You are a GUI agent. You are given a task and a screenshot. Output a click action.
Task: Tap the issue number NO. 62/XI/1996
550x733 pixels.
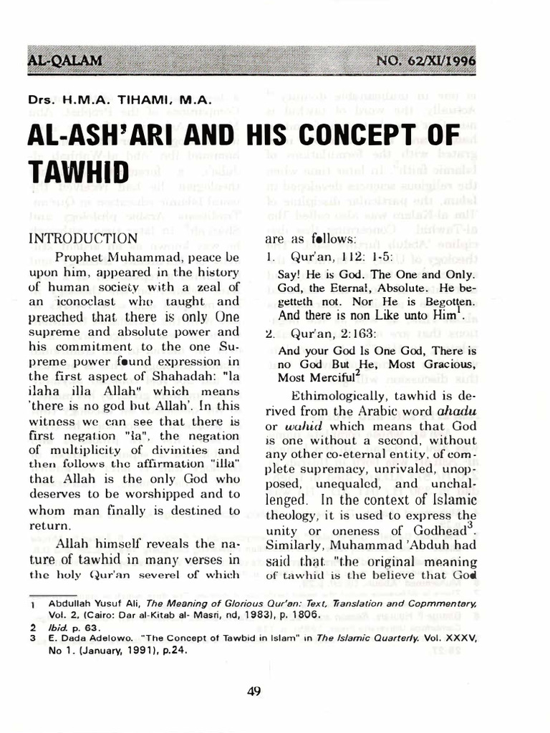(x=425, y=60)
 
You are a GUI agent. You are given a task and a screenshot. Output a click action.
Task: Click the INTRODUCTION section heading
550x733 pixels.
(x=82, y=238)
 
